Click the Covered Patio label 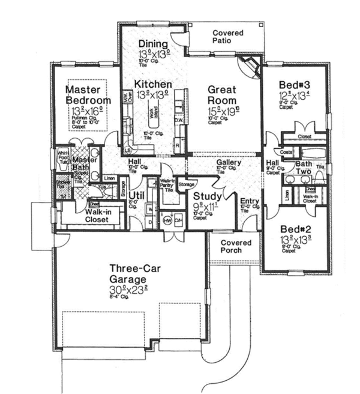227,37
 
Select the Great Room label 222,95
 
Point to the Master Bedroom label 88,94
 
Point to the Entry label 249,201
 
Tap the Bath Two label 304,167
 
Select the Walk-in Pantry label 167,184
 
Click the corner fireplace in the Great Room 247,65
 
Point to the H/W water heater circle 167,220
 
